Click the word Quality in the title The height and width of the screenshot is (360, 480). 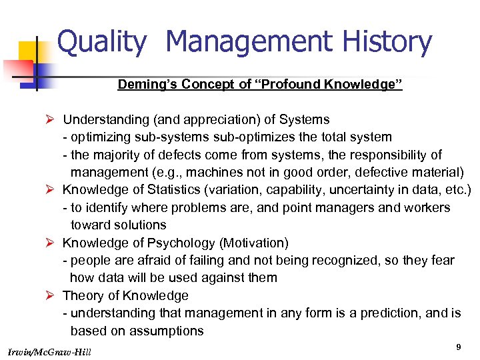pyautogui.click(x=102, y=43)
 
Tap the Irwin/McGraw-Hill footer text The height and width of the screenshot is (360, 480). pyautogui.click(x=51, y=351)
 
